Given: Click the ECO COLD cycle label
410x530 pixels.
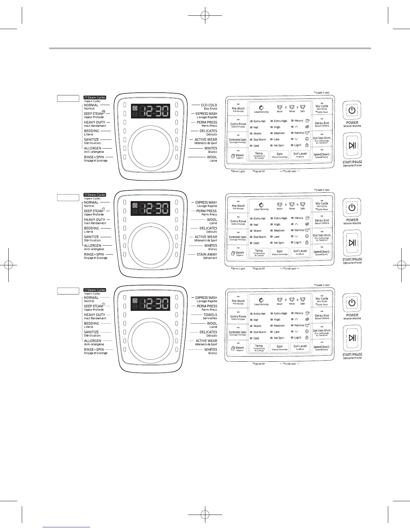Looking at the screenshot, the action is click(x=209, y=105).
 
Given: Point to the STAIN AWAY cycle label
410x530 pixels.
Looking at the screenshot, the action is click(x=207, y=254).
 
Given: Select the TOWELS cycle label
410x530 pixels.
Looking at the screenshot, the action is click(x=210, y=315).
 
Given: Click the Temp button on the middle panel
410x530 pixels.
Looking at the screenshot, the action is click(x=259, y=252).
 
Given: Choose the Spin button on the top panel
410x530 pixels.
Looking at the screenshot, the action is click(x=279, y=155).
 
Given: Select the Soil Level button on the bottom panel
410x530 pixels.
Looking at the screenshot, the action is click(x=300, y=347).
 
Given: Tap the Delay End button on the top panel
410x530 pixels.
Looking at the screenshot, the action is click(x=322, y=124).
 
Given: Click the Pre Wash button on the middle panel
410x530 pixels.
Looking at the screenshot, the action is click(x=238, y=206).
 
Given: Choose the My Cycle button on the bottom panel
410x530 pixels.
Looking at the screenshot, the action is click(x=322, y=299).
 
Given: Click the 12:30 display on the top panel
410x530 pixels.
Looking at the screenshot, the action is click(x=150, y=111).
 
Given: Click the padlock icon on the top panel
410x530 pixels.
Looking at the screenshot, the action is click(x=307, y=145).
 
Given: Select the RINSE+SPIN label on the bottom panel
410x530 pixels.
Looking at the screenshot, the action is click(x=94, y=350).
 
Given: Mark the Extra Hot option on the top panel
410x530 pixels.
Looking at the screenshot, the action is click(x=259, y=121).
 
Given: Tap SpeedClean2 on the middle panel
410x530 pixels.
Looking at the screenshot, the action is click(x=322, y=252).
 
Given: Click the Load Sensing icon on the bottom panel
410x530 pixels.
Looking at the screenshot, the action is click(x=261, y=300).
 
